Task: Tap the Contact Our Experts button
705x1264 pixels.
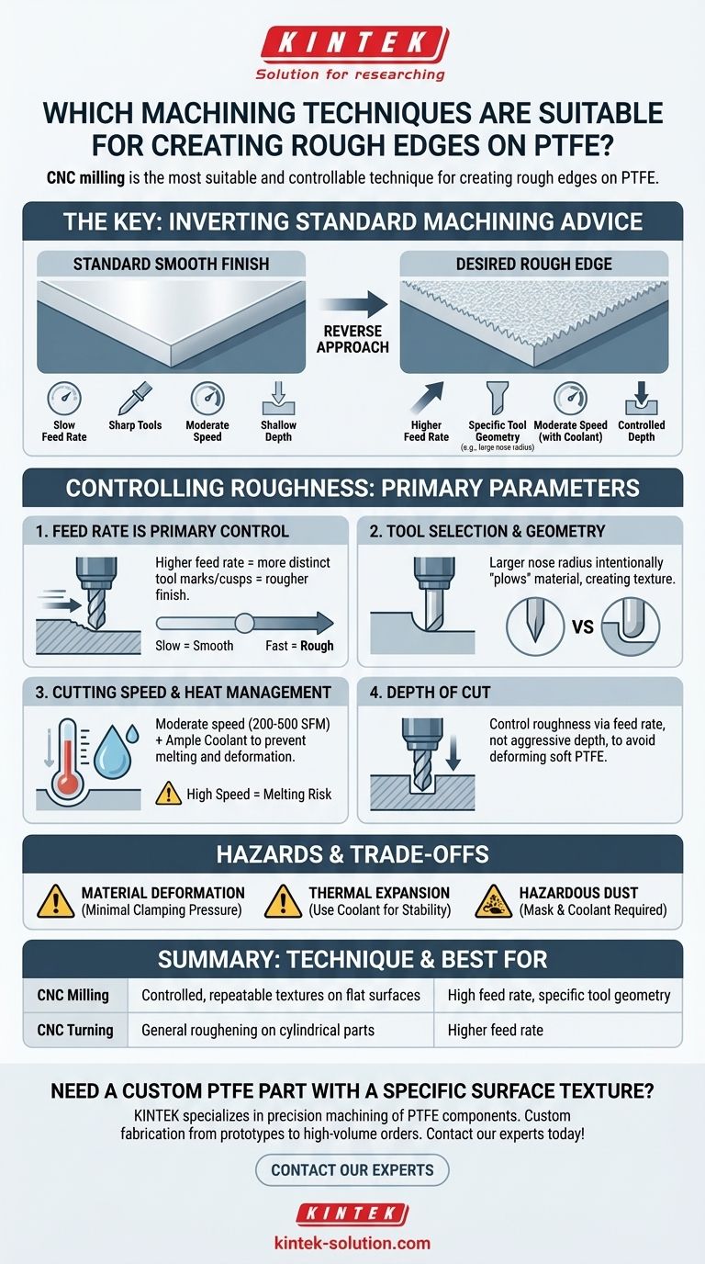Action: pos(352,1169)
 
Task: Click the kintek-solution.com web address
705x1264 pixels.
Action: pos(352,1243)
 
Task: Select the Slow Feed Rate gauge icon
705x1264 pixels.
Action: pos(64,399)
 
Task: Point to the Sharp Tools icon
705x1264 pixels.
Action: pos(135,398)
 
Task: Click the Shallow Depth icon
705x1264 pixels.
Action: pos(279,399)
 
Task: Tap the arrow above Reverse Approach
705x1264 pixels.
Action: pos(353,304)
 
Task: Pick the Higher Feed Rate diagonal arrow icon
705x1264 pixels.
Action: pos(428,398)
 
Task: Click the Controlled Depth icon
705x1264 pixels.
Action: pos(642,399)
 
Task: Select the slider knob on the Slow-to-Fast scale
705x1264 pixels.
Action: pos(244,623)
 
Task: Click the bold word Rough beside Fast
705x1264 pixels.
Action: pos(317,646)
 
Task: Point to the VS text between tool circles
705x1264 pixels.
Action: pos(583,626)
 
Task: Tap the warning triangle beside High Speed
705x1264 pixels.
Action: pos(168,793)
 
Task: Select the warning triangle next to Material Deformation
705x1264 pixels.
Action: pos(55,900)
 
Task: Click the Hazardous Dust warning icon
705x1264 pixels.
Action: pos(494,900)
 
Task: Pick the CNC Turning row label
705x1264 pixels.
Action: pos(75,1030)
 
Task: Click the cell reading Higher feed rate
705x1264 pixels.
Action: pos(495,1030)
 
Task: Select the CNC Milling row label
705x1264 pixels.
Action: pos(73,995)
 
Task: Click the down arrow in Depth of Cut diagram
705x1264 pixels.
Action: pos(453,752)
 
